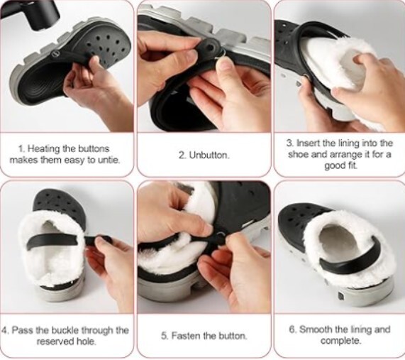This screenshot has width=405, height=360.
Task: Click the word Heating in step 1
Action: [x=44, y=149]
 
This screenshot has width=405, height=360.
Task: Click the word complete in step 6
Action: [x=340, y=341]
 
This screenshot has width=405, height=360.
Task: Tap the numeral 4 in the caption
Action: [x=4, y=330]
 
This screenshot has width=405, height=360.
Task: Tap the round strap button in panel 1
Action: [x=56, y=54]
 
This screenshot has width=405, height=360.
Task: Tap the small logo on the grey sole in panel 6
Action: [x=340, y=296]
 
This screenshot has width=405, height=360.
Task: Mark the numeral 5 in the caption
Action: [x=164, y=336]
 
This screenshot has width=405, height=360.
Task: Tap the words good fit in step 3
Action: [x=341, y=165]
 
